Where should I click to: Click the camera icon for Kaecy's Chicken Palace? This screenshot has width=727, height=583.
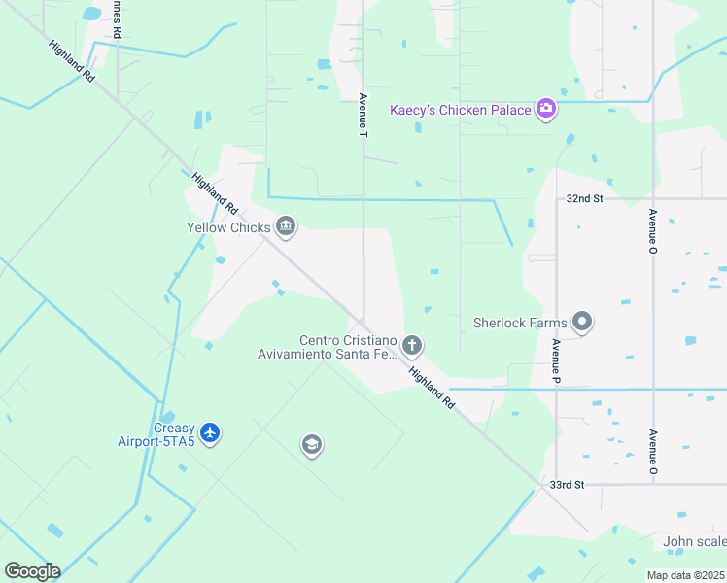pyautogui.click(x=546, y=109)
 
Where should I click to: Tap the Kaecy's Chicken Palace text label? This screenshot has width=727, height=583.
pyautogui.click(x=461, y=110)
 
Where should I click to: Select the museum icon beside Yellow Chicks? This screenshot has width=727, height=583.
pyautogui.click(x=286, y=227)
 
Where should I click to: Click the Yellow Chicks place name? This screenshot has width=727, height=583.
pyautogui.click(x=228, y=228)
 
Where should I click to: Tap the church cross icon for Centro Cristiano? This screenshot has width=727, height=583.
pyautogui.click(x=412, y=345)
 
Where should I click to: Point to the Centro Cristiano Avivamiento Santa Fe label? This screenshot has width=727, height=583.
pyautogui.click(x=348, y=347)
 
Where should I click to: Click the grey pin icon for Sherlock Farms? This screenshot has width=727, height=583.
pyautogui.click(x=582, y=321)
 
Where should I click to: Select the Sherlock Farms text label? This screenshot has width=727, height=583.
pyautogui.click(x=520, y=322)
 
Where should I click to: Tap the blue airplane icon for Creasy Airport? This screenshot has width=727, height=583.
pyautogui.click(x=211, y=432)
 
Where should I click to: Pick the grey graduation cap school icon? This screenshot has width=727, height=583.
pyautogui.click(x=312, y=445)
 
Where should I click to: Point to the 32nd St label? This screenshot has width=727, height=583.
pyautogui.click(x=585, y=198)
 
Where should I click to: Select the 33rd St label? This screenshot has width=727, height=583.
pyautogui.click(x=566, y=484)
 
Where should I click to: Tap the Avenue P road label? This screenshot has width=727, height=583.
pyautogui.click(x=556, y=358)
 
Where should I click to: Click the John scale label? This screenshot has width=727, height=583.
pyautogui.click(x=694, y=541)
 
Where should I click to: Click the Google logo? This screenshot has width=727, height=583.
pyautogui.click(x=32, y=571)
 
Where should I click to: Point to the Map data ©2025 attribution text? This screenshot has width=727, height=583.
pyautogui.click(x=685, y=575)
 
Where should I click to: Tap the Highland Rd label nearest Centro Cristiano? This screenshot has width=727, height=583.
pyautogui.click(x=432, y=386)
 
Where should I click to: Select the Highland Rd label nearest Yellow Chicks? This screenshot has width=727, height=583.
pyautogui.click(x=215, y=193)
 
